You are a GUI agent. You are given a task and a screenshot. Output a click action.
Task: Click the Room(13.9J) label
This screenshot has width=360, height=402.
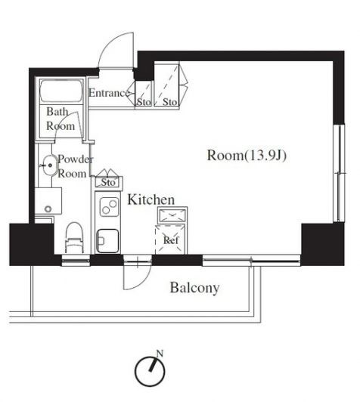pyautogui.click(x=247, y=156)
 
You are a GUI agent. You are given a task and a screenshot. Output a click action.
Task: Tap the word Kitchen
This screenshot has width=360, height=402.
pyautogui.click(x=151, y=199)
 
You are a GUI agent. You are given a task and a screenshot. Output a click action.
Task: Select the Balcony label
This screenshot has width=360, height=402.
pyautogui.click(x=194, y=288)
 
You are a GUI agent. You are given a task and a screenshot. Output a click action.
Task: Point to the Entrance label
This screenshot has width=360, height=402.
pyautogui.click(x=109, y=93)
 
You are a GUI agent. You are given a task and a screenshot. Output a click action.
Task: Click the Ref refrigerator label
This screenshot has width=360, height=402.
pyautogui.click(x=171, y=240)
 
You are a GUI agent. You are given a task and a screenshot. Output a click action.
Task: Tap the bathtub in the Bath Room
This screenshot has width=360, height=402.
pyautogui.click(x=61, y=91)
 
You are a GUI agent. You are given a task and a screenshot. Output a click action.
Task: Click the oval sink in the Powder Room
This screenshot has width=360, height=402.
pyautogui.click(x=49, y=165)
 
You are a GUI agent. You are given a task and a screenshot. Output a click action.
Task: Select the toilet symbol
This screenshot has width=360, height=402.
pyautogui.click(x=75, y=238)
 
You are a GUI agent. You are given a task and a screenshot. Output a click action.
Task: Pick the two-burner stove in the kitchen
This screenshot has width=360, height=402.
pyautogui.click(x=109, y=206)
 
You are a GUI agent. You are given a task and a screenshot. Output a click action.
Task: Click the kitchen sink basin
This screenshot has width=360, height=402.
pyautogui.click(x=107, y=241)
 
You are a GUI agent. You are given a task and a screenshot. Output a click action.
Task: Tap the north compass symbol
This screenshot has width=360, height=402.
pyautogui.click(x=150, y=371)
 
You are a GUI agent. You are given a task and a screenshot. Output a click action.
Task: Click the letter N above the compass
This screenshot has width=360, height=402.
pyautogui.click(x=160, y=354)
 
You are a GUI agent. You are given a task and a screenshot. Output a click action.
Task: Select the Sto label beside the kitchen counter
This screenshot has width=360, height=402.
pyautogui.click(x=108, y=183)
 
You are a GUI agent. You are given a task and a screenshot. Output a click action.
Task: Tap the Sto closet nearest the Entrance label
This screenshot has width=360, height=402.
pyautogui.click(x=144, y=94)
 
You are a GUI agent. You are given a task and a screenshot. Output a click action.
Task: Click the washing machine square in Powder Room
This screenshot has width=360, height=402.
pyautogui.click(x=48, y=201)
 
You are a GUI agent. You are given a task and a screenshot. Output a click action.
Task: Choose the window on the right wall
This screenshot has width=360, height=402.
pyautogui.click(x=340, y=173)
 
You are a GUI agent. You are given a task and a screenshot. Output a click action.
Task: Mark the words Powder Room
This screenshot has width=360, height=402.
pyautogui.click(x=75, y=166)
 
